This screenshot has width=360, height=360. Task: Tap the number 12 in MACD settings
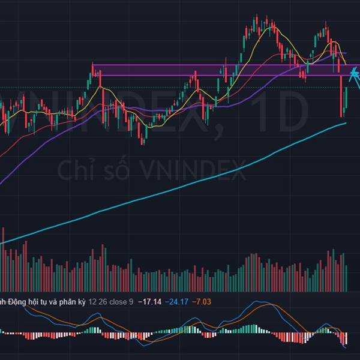[92, 301]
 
